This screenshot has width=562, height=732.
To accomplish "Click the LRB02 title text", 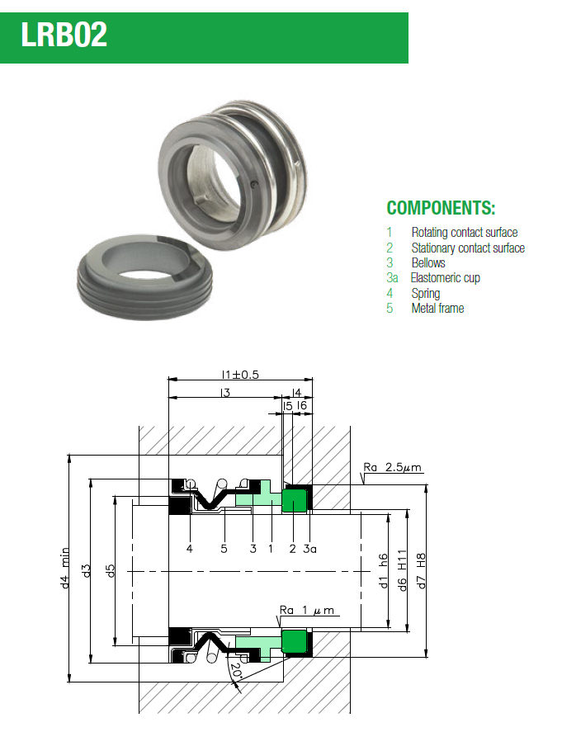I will (x=64, y=36).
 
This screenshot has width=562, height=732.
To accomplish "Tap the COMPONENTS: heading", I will (x=441, y=207).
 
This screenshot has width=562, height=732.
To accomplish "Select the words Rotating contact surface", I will (x=464, y=233).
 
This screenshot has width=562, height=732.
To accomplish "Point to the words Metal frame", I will (x=437, y=309).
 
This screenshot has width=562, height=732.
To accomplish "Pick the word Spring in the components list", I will (x=425, y=293).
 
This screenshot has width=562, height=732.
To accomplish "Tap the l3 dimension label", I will (x=224, y=394).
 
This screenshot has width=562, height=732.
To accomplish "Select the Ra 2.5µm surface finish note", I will (x=392, y=468).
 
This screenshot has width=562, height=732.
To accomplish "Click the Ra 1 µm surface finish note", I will (x=307, y=610).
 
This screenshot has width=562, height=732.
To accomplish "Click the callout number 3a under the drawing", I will (x=309, y=548).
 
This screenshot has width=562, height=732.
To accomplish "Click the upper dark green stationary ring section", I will (x=295, y=499).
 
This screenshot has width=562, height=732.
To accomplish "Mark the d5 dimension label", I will (x=111, y=569).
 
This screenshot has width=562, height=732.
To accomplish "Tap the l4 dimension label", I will (x=297, y=394).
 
